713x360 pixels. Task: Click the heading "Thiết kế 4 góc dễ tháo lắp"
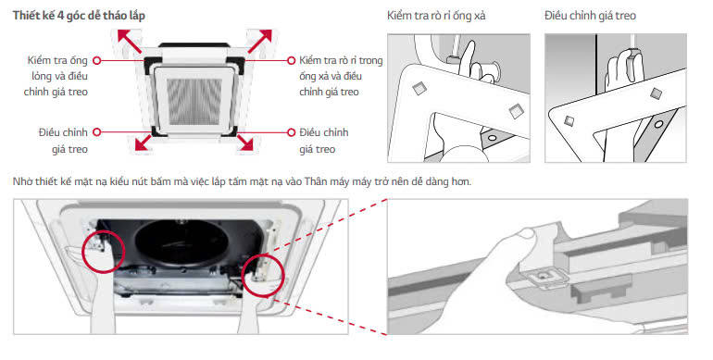(x=79, y=16)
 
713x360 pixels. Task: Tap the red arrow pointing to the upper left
(x=130, y=42)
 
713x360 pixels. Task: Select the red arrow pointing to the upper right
(x=259, y=42)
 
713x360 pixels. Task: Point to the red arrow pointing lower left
(x=144, y=142)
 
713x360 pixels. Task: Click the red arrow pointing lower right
(x=245, y=142)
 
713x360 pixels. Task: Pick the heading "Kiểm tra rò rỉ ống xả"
(x=436, y=16)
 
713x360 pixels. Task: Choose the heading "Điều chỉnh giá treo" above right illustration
(x=590, y=16)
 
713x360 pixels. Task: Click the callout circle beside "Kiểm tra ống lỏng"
(x=96, y=60)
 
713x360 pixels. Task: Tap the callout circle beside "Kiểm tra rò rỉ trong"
(x=292, y=60)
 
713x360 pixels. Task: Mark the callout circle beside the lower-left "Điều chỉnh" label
(x=96, y=131)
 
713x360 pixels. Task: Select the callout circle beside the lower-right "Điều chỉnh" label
(x=292, y=132)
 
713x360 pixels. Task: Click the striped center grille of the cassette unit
(x=194, y=102)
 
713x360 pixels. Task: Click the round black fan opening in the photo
(x=181, y=245)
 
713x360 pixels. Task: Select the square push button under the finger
(x=544, y=277)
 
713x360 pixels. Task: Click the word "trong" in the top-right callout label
(x=370, y=61)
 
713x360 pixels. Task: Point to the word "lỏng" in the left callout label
(x=42, y=77)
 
